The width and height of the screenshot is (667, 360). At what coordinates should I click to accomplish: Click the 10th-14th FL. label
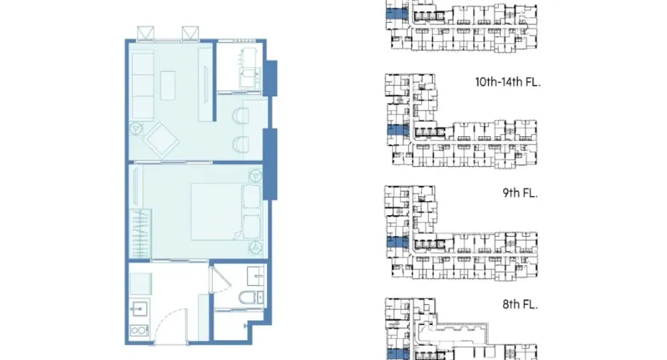point(507,82)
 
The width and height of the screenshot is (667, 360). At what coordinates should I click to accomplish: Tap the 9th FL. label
point(519,192)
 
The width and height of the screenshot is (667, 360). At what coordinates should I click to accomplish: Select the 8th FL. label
point(519,304)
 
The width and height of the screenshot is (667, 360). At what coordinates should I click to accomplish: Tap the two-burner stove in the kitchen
point(139,330)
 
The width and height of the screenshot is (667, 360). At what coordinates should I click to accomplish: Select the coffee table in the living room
point(168,85)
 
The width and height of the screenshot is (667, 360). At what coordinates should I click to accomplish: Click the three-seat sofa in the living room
point(143,86)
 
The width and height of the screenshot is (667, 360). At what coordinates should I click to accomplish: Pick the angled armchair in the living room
point(161,140)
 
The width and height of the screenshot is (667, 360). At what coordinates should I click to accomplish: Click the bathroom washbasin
point(256,276)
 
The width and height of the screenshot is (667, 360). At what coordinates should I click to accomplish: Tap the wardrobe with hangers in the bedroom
point(140,233)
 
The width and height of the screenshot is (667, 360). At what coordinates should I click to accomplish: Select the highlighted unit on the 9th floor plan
point(398,242)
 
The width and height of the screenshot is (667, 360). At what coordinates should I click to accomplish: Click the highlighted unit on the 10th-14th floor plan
point(398,130)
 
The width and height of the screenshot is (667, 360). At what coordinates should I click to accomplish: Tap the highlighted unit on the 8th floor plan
point(398,354)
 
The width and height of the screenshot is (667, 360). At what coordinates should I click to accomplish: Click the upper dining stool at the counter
point(240,115)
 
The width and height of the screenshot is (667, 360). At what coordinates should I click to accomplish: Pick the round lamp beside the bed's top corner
point(256,175)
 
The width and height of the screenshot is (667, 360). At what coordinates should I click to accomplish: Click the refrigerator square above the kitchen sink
point(140,284)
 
